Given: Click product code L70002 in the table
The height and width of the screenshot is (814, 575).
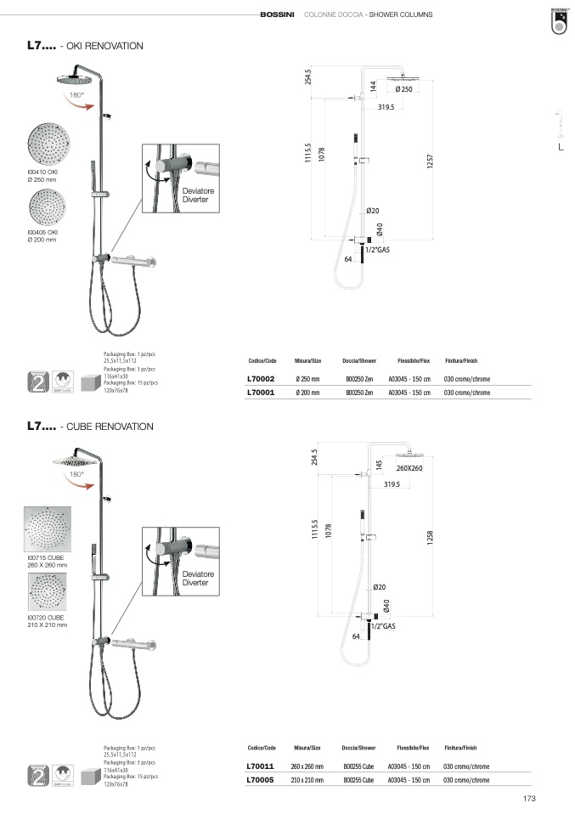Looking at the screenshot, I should click(x=260, y=379).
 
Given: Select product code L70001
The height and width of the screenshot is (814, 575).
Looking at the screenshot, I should click(x=260, y=393).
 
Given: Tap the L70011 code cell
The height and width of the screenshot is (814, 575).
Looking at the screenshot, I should click(x=260, y=766).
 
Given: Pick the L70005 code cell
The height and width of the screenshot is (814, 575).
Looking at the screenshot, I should click(x=260, y=779).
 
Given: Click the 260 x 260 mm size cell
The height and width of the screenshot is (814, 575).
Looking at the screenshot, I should click(x=307, y=766).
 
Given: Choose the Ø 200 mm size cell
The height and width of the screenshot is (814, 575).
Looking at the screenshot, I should click(x=307, y=393).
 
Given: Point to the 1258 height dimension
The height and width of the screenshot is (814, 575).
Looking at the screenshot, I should click(x=431, y=537).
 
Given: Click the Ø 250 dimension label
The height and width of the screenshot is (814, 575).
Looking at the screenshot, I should click(x=404, y=89).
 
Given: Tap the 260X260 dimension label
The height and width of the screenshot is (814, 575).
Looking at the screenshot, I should click(x=409, y=468).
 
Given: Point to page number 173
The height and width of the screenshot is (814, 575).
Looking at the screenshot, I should click(x=529, y=798).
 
